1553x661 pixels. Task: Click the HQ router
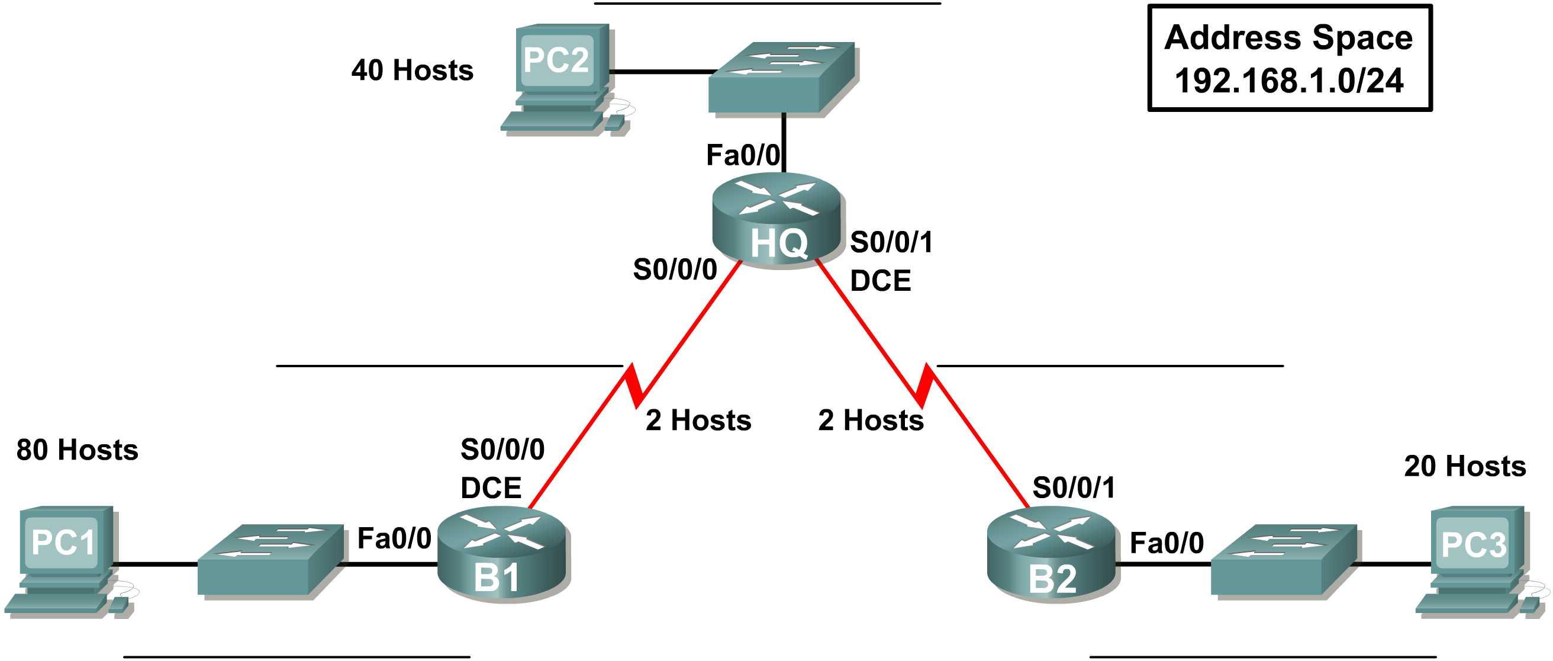(x=777, y=220)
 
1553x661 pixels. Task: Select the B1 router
(x=503, y=554)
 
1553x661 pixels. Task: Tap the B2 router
(x=1053, y=554)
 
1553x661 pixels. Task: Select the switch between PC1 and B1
(x=270, y=560)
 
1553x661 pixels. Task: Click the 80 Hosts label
(x=77, y=451)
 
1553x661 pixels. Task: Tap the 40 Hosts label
(x=413, y=70)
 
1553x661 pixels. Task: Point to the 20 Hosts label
(x=1465, y=466)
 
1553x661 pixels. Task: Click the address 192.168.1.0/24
(x=1290, y=81)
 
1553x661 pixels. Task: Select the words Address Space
(x=1288, y=37)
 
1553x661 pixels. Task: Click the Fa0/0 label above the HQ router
(x=743, y=156)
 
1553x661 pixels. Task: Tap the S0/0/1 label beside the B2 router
(x=1074, y=487)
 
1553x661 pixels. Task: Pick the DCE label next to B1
(x=491, y=488)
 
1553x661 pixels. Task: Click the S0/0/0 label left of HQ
(x=675, y=269)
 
